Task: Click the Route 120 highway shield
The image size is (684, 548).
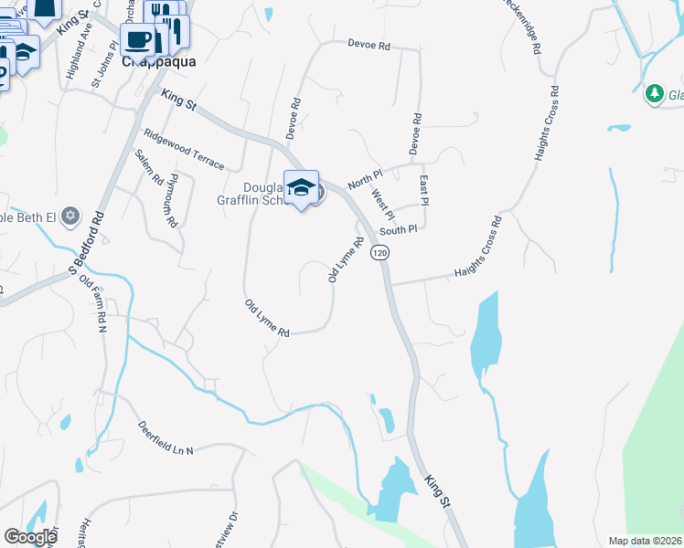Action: tap(380, 252)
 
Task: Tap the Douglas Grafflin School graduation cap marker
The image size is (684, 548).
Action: tap(301, 188)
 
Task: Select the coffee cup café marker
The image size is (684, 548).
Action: tap(138, 39)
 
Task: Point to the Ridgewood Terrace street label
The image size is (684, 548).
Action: tap(184, 148)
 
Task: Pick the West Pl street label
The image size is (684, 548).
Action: tap(382, 204)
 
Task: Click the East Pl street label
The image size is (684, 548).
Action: tap(424, 191)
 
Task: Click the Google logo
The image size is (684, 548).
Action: tap(30, 537)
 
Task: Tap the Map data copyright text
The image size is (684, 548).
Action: tap(646, 541)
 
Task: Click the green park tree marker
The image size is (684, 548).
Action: tap(654, 93)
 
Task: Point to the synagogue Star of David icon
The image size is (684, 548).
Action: tap(70, 216)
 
